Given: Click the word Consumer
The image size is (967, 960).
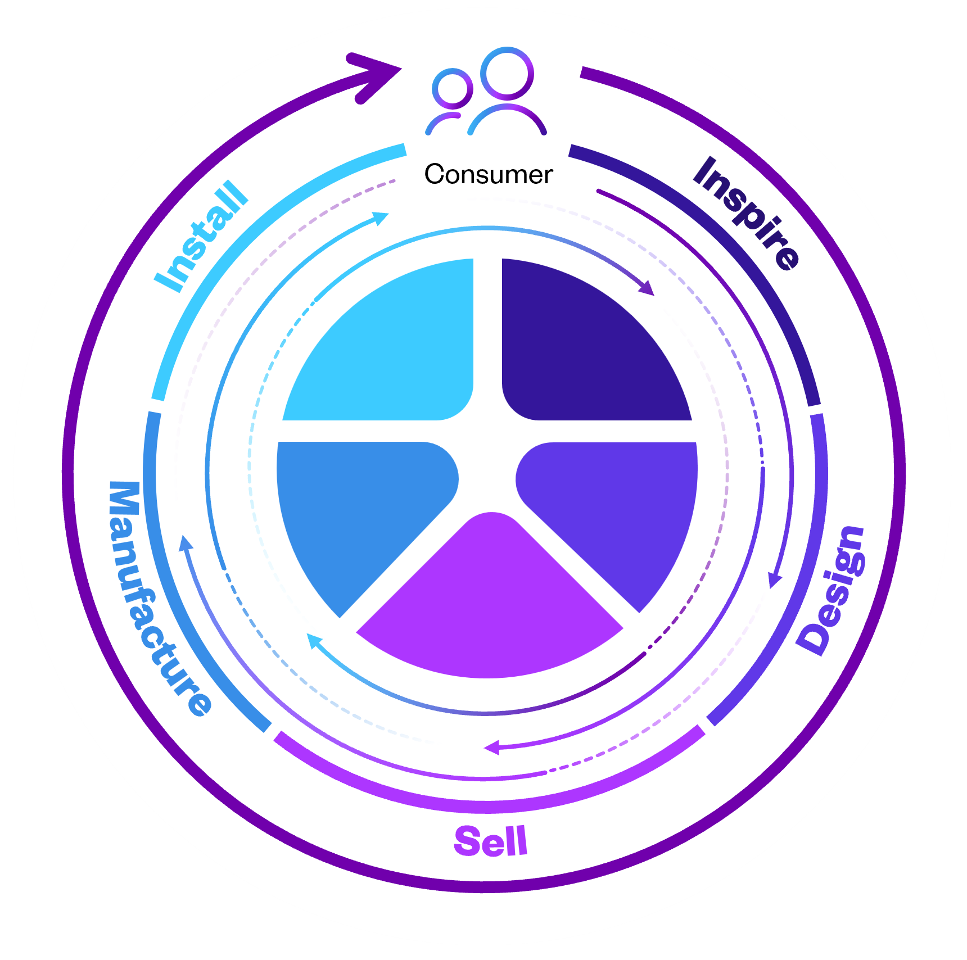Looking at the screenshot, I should pyautogui.click(x=489, y=174).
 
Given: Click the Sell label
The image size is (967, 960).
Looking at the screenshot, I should pyautogui.click(x=491, y=841).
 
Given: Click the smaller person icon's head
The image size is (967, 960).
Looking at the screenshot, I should pyautogui.click(x=452, y=89).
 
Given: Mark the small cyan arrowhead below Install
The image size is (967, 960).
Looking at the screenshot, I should pyautogui.click(x=382, y=218).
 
